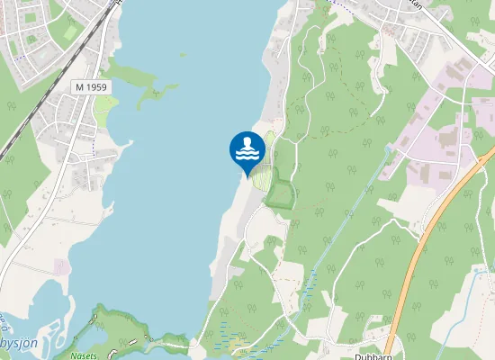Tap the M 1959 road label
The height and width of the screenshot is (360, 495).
90,86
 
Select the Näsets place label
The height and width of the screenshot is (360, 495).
85,355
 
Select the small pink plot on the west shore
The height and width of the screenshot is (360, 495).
61,266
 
